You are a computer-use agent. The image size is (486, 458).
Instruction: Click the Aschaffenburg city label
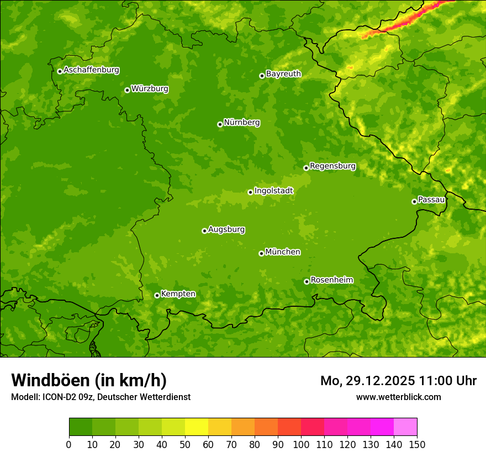[x=91, y=70]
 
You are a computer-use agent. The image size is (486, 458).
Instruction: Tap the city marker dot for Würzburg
[x=127, y=90]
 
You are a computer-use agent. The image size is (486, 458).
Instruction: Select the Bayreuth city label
[x=283, y=73]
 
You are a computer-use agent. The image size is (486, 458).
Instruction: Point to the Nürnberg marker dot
[x=220, y=124]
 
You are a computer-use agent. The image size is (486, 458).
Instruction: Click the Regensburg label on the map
[x=332, y=166]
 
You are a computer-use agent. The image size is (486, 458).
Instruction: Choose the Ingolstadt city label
[x=273, y=190]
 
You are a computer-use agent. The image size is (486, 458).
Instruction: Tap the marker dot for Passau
[x=414, y=201]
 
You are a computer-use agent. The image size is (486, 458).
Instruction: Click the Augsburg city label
[x=226, y=229]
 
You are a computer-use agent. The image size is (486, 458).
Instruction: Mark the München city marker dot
[x=261, y=253]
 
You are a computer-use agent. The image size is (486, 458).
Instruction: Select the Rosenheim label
[x=331, y=280]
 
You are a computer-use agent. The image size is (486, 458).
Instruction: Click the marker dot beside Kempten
[x=157, y=295]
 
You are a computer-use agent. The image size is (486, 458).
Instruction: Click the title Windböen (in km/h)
[x=89, y=380]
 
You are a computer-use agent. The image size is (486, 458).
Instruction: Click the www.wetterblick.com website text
[x=398, y=397]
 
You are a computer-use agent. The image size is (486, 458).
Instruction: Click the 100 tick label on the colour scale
[x=301, y=444]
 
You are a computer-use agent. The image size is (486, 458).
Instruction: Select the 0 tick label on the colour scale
[x=69, y=444]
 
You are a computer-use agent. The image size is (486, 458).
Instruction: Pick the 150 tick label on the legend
[x=417, y=444]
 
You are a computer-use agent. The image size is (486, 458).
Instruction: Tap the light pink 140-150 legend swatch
[x=405, y=427]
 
